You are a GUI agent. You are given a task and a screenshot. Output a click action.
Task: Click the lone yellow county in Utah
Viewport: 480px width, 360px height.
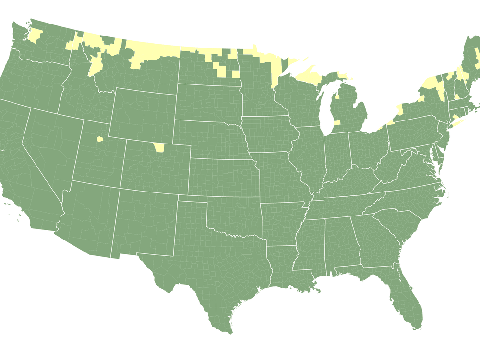(x=100, y=139)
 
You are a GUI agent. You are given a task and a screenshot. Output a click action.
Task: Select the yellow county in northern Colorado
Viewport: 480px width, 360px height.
(x=158, y=147)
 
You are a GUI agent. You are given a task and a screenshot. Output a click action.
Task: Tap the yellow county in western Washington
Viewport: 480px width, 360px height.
(x=35, y=36)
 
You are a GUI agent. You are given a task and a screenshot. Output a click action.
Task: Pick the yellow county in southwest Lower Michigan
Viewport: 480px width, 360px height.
(x=337, y=123)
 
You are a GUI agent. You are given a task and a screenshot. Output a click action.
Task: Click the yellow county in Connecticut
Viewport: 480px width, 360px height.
(x=455, y=117)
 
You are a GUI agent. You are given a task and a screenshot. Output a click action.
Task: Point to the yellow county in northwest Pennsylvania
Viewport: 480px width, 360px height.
(x=390, y=123)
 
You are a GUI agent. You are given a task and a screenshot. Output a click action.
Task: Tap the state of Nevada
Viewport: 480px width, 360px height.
(x=48, y=144)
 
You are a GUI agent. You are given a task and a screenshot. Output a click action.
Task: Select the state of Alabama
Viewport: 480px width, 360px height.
(x=338, y=245)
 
